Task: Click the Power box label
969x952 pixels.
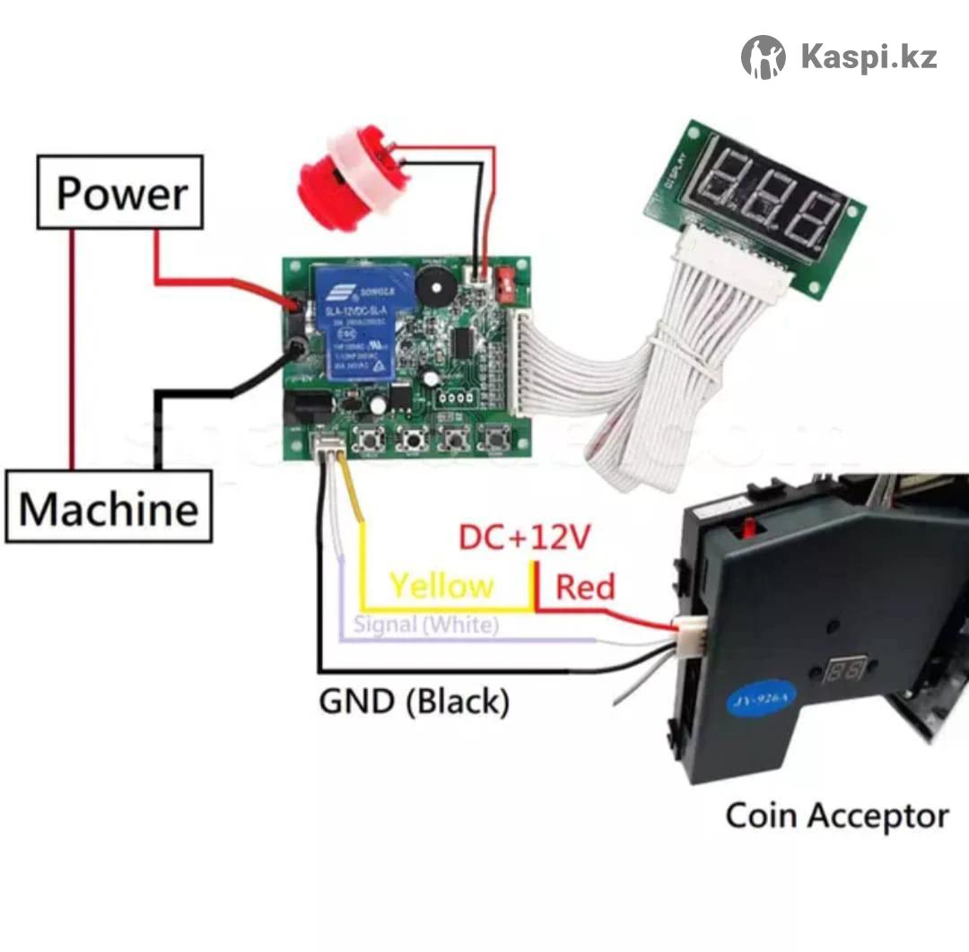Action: click(x=121, y=193)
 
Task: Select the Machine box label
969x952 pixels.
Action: click(x=109, y=509)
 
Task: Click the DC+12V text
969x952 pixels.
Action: click(x=525, y=537)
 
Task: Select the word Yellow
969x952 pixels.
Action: click(x=441, y=586)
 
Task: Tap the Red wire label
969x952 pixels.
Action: click(x=585, y=588)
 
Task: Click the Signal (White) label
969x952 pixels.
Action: click(x=425, y=624)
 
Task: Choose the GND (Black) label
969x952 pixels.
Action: click(x=415, y=702)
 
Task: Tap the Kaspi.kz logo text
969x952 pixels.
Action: click(x=869, y=57)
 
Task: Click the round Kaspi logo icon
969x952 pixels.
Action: click(x=764, y=57)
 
